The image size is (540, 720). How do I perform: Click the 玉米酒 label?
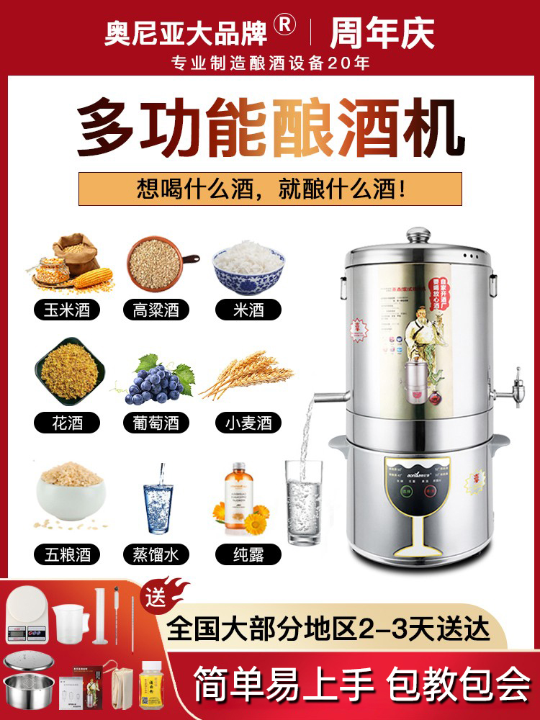66,310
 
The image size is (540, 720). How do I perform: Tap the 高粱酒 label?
156,310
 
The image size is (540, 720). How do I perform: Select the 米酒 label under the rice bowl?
248,310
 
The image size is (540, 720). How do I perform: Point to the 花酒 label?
66,422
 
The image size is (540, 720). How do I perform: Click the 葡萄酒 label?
156,422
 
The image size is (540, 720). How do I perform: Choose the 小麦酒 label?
248,422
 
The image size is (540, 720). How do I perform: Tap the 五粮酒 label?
66,554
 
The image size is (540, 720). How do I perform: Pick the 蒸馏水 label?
156,554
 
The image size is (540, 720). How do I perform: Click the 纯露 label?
248,554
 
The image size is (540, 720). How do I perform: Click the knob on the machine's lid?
418,235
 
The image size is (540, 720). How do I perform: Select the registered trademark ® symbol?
286,26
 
